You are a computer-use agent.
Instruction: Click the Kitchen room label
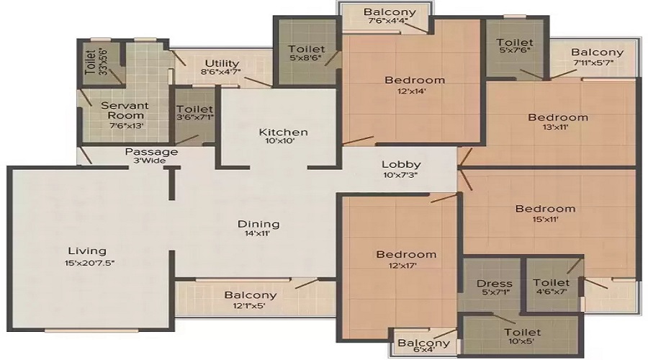click(x=283, y=132)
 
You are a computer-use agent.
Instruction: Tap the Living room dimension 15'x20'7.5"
click(x=89, y=263)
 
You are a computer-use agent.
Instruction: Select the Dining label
click(x=258, y=225)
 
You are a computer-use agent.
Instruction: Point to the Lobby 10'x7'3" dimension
click(x=401, y=175)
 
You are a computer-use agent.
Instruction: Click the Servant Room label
click(x=125, y=110)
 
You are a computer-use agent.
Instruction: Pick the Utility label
click(x=222, y=63)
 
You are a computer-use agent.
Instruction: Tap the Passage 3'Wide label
click(x=151, y=156)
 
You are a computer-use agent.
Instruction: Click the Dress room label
click(x=494, y=284)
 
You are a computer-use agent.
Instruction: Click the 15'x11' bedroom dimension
click(x=546, y=220)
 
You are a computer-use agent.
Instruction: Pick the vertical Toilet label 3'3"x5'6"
click(x=96, y=62)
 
